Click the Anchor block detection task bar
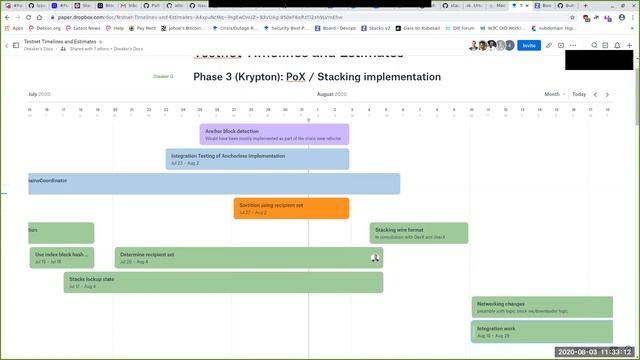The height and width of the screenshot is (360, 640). point(275,134)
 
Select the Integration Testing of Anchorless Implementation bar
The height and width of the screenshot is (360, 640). point(258,159)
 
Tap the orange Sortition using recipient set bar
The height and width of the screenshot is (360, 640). point(291,208)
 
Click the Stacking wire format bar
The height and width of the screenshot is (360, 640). point(418,233)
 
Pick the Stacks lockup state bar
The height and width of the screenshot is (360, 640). point(223,282)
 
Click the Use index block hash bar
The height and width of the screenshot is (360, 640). point(62,258)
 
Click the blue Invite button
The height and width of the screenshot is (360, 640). point(527,45)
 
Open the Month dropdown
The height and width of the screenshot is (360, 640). point(554,94)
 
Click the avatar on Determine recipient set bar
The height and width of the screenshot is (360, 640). point(375,258)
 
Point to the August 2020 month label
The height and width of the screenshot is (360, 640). point(332,94)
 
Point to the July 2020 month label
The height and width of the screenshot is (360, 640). point(39,94)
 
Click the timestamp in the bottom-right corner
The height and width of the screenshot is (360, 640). point(594,352)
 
